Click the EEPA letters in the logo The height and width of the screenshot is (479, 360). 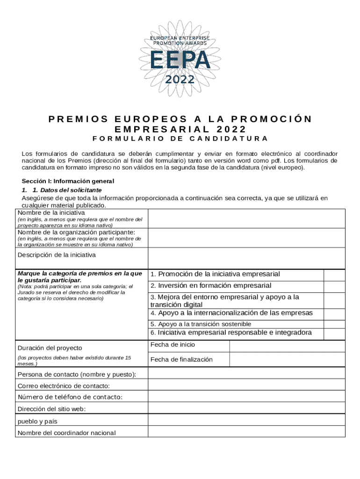click(x=180, y=59)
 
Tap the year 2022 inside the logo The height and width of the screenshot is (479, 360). click(x=180, y=79)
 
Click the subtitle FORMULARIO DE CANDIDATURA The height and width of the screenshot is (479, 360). click(x=180, y=138)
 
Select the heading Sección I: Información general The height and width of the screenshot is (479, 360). click(x=68, y=181)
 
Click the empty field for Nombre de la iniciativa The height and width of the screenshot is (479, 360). click(x=246, y=218)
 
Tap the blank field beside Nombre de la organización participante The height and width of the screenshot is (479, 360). click(x=246, y=238)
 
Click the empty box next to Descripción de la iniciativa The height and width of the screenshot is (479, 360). click(x=246, y=258)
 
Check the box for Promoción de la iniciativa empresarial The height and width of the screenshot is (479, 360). click(x=334, y=275)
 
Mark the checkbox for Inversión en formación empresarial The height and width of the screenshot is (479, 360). click(x=334, y=286)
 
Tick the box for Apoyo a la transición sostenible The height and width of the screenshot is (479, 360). click(x=334, y=324)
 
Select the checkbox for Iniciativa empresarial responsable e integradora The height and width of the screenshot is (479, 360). click(x=334, y=333)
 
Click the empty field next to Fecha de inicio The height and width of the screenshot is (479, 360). click(x=287, y=346)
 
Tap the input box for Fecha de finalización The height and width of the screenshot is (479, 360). click(x=287, y=359)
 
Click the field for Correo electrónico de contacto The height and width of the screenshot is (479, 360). click(x=246, y=385)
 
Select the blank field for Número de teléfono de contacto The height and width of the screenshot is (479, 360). click(x=246, y=397)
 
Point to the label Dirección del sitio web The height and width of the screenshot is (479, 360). click(x=51, y=409)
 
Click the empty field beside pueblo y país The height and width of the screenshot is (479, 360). click(x=246, y=421)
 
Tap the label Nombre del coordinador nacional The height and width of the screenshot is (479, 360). click(x=66, y=433)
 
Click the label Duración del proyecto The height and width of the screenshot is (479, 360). click(x=50, y=348)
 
